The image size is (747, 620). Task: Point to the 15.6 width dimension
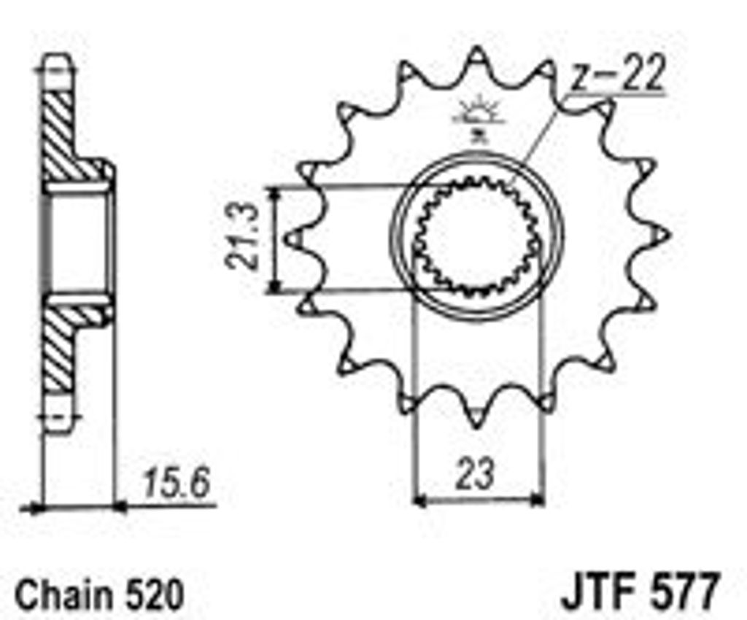(176, 483)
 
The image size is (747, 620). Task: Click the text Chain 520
(99, 594)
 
